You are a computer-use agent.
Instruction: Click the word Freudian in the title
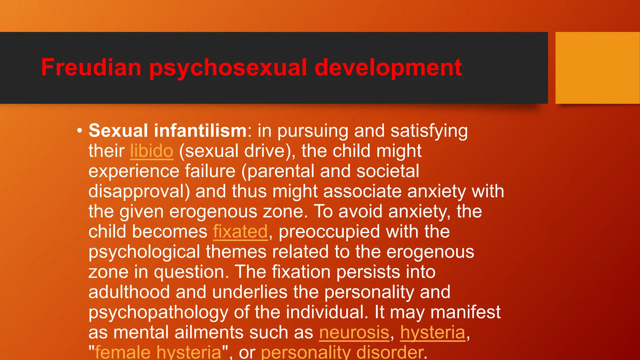pyautogui.click(x=91, y=67)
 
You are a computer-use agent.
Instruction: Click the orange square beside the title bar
pyautogui.click(x=597, y=68)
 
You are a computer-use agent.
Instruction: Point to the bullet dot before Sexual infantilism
pyautogui.click(x=80, y=131)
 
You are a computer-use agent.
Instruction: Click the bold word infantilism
pyautogui.click(x=200, y=131)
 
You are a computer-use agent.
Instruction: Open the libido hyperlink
pyautogui.click(x=152, y=151)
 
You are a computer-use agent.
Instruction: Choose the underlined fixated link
pyautogui.click(x=240, y=232)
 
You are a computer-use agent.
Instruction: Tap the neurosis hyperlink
pyautogui.click(x=354, y=332)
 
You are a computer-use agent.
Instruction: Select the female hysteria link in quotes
pyautogui.click(x=158, y=352)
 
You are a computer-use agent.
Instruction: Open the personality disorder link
pyautogui.click(x=342, y=352)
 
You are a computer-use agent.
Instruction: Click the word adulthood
pyautogui.click(x=129, y=292)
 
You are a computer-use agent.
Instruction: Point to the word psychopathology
pyautogui.click(x=158, y=312)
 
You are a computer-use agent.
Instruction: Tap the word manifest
pyautogui.click(x=465, y=312)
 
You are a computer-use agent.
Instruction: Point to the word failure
pyautogui.click(x=210, y=171)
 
